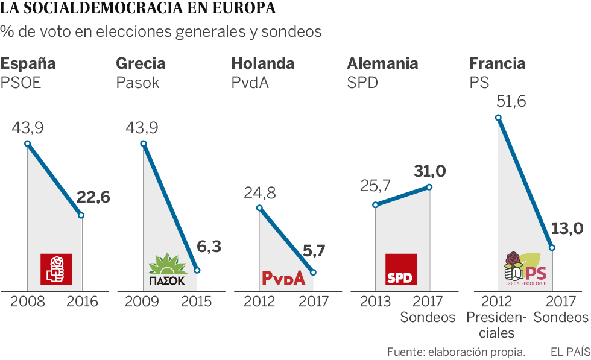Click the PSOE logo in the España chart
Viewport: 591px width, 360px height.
pos(56,269)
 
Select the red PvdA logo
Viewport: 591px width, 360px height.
pos(283,277)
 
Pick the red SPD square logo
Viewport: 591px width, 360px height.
pos(400,269)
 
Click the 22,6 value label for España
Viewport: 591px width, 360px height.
pos(94,197)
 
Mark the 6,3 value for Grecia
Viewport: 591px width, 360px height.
pos(209,247)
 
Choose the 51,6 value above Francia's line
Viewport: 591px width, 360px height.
pos(511,101)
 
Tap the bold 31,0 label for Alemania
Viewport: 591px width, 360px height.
pos(429,171)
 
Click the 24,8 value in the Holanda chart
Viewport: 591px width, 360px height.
pos(259,193)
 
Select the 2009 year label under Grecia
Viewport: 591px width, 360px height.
pos(143,302)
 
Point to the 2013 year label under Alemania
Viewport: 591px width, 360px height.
pos(375,302)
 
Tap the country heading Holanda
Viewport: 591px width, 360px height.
pos(263,63)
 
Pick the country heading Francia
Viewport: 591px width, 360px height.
pos(497,63)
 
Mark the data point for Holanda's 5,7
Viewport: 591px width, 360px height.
pos(312,273)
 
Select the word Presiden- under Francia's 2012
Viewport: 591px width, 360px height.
pos(497,317)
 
